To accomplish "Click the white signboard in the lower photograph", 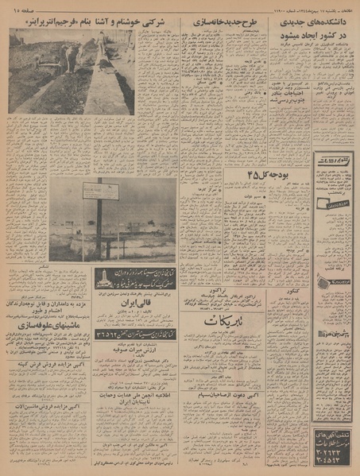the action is tap(106, 192).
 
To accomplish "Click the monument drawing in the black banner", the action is tap(110, 275).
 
